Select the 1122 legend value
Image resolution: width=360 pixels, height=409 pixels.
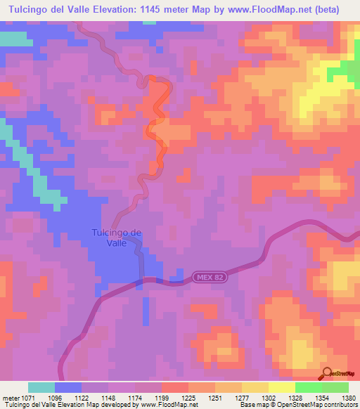82,397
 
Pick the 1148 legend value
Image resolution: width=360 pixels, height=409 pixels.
108,397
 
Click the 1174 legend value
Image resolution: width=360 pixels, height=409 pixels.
135,397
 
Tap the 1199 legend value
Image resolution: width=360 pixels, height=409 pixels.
162,397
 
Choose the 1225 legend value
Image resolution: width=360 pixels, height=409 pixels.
188,397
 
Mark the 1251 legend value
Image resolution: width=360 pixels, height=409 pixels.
214,397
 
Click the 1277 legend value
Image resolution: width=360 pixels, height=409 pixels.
241,397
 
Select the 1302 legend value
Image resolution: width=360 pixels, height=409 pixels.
268,397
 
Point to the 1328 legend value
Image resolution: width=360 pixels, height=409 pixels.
295,397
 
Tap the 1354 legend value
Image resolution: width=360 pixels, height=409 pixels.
321,397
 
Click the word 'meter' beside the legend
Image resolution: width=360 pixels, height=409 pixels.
11,397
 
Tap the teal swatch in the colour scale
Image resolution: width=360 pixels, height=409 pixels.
41,387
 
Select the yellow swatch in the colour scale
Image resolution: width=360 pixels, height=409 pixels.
281,387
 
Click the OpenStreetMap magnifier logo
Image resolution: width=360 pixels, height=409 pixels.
328,372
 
